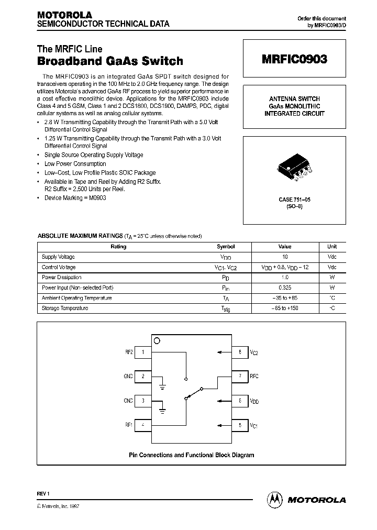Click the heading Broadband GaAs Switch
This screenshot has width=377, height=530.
tap(110, 61)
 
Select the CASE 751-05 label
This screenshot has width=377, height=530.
tap(294, 200)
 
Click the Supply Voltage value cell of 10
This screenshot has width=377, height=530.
tap(285, 257)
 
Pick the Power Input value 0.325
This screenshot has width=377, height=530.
tap(285, 288)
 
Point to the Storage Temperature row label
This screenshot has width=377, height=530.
tap(65, 308)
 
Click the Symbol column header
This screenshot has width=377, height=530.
tap(226, 247)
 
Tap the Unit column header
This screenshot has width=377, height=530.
tap(332, 247)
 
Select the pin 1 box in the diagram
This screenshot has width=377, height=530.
tap(143, 352)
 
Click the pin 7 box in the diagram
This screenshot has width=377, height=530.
tap(240, 376)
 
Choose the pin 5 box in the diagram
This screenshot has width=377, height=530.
tap(240, 425)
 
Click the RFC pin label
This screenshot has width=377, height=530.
tap(254, 376)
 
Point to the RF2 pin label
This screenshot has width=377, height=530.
tap(129, 352)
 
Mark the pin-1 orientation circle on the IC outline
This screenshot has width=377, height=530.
tap(157, 340)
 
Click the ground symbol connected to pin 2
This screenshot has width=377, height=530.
tap(163, 387)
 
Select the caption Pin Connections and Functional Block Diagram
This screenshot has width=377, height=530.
tap(192, 455)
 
